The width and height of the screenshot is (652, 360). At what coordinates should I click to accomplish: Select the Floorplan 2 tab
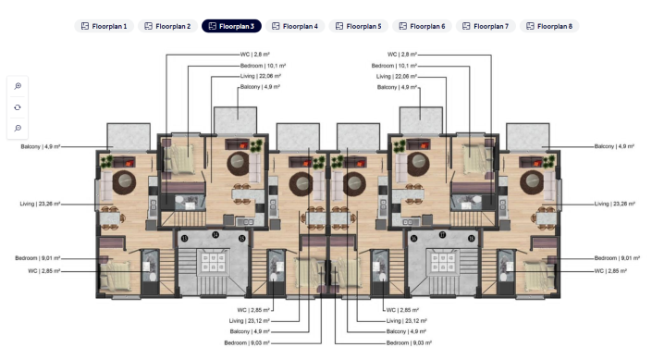click(x=167, y=26)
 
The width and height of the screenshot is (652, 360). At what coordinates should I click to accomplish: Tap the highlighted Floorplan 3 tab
click(x=231, y=26)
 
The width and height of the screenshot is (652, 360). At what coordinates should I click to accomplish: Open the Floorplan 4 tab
click(x=295, y=26)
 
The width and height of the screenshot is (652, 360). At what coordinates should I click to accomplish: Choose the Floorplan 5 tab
click(x=359, y=26)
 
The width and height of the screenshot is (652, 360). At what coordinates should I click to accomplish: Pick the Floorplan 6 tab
click(x=423, y=26)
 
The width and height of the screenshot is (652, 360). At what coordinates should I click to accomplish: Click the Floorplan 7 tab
click(x=486, y=26)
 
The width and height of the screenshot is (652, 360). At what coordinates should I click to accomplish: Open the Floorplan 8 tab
click(x=549, y=26)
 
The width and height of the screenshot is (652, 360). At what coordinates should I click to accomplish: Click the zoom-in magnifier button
click(x=18, y=85)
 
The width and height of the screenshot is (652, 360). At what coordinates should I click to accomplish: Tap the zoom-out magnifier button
click(x=18, y=128)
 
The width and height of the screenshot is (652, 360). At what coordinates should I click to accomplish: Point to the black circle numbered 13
click(x=185, y=239)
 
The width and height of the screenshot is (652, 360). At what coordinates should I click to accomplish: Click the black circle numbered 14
click(x=215, y=234)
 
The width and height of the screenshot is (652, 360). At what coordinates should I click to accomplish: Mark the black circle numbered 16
click(x=413, y=239)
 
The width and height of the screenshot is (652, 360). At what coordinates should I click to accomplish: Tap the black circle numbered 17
click(x=443, y=234)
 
